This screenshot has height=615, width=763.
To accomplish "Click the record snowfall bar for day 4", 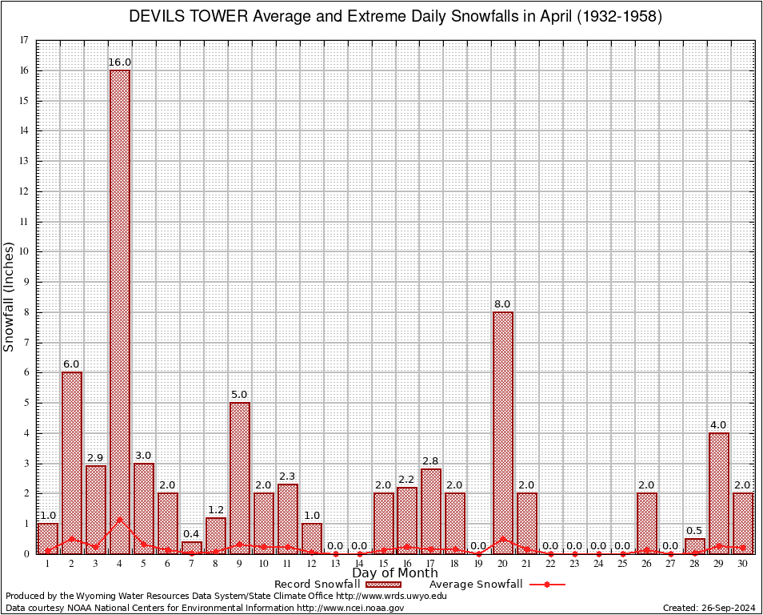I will (120, 312).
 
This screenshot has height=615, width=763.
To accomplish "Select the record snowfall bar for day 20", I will (503, 432).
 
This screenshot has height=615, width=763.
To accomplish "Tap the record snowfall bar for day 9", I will (240, 477).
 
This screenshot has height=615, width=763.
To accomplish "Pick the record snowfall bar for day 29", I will (719, 492).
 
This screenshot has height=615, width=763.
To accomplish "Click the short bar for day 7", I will (192, 548).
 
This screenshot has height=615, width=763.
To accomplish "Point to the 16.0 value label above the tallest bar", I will (120, 62).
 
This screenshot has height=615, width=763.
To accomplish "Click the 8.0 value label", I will (502, 304).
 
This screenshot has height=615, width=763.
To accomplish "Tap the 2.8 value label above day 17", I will (430, 461).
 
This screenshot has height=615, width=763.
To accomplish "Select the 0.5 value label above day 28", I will (695, 530).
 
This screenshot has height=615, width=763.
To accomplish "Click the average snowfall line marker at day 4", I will (120, 519).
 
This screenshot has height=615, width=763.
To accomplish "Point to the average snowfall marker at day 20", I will (503, 539).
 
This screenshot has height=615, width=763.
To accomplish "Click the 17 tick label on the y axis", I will (25, 40).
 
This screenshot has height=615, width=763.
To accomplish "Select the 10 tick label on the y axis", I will (25, 251).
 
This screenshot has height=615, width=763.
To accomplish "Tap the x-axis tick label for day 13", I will (335, 563).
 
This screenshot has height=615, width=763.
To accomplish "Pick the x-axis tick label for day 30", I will (743, 563).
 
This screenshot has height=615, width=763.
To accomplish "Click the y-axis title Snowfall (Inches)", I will (10, 296).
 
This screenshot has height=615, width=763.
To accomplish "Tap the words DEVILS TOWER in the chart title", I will (187, 17).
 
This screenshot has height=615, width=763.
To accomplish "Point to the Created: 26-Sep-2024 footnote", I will (709, 608).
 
